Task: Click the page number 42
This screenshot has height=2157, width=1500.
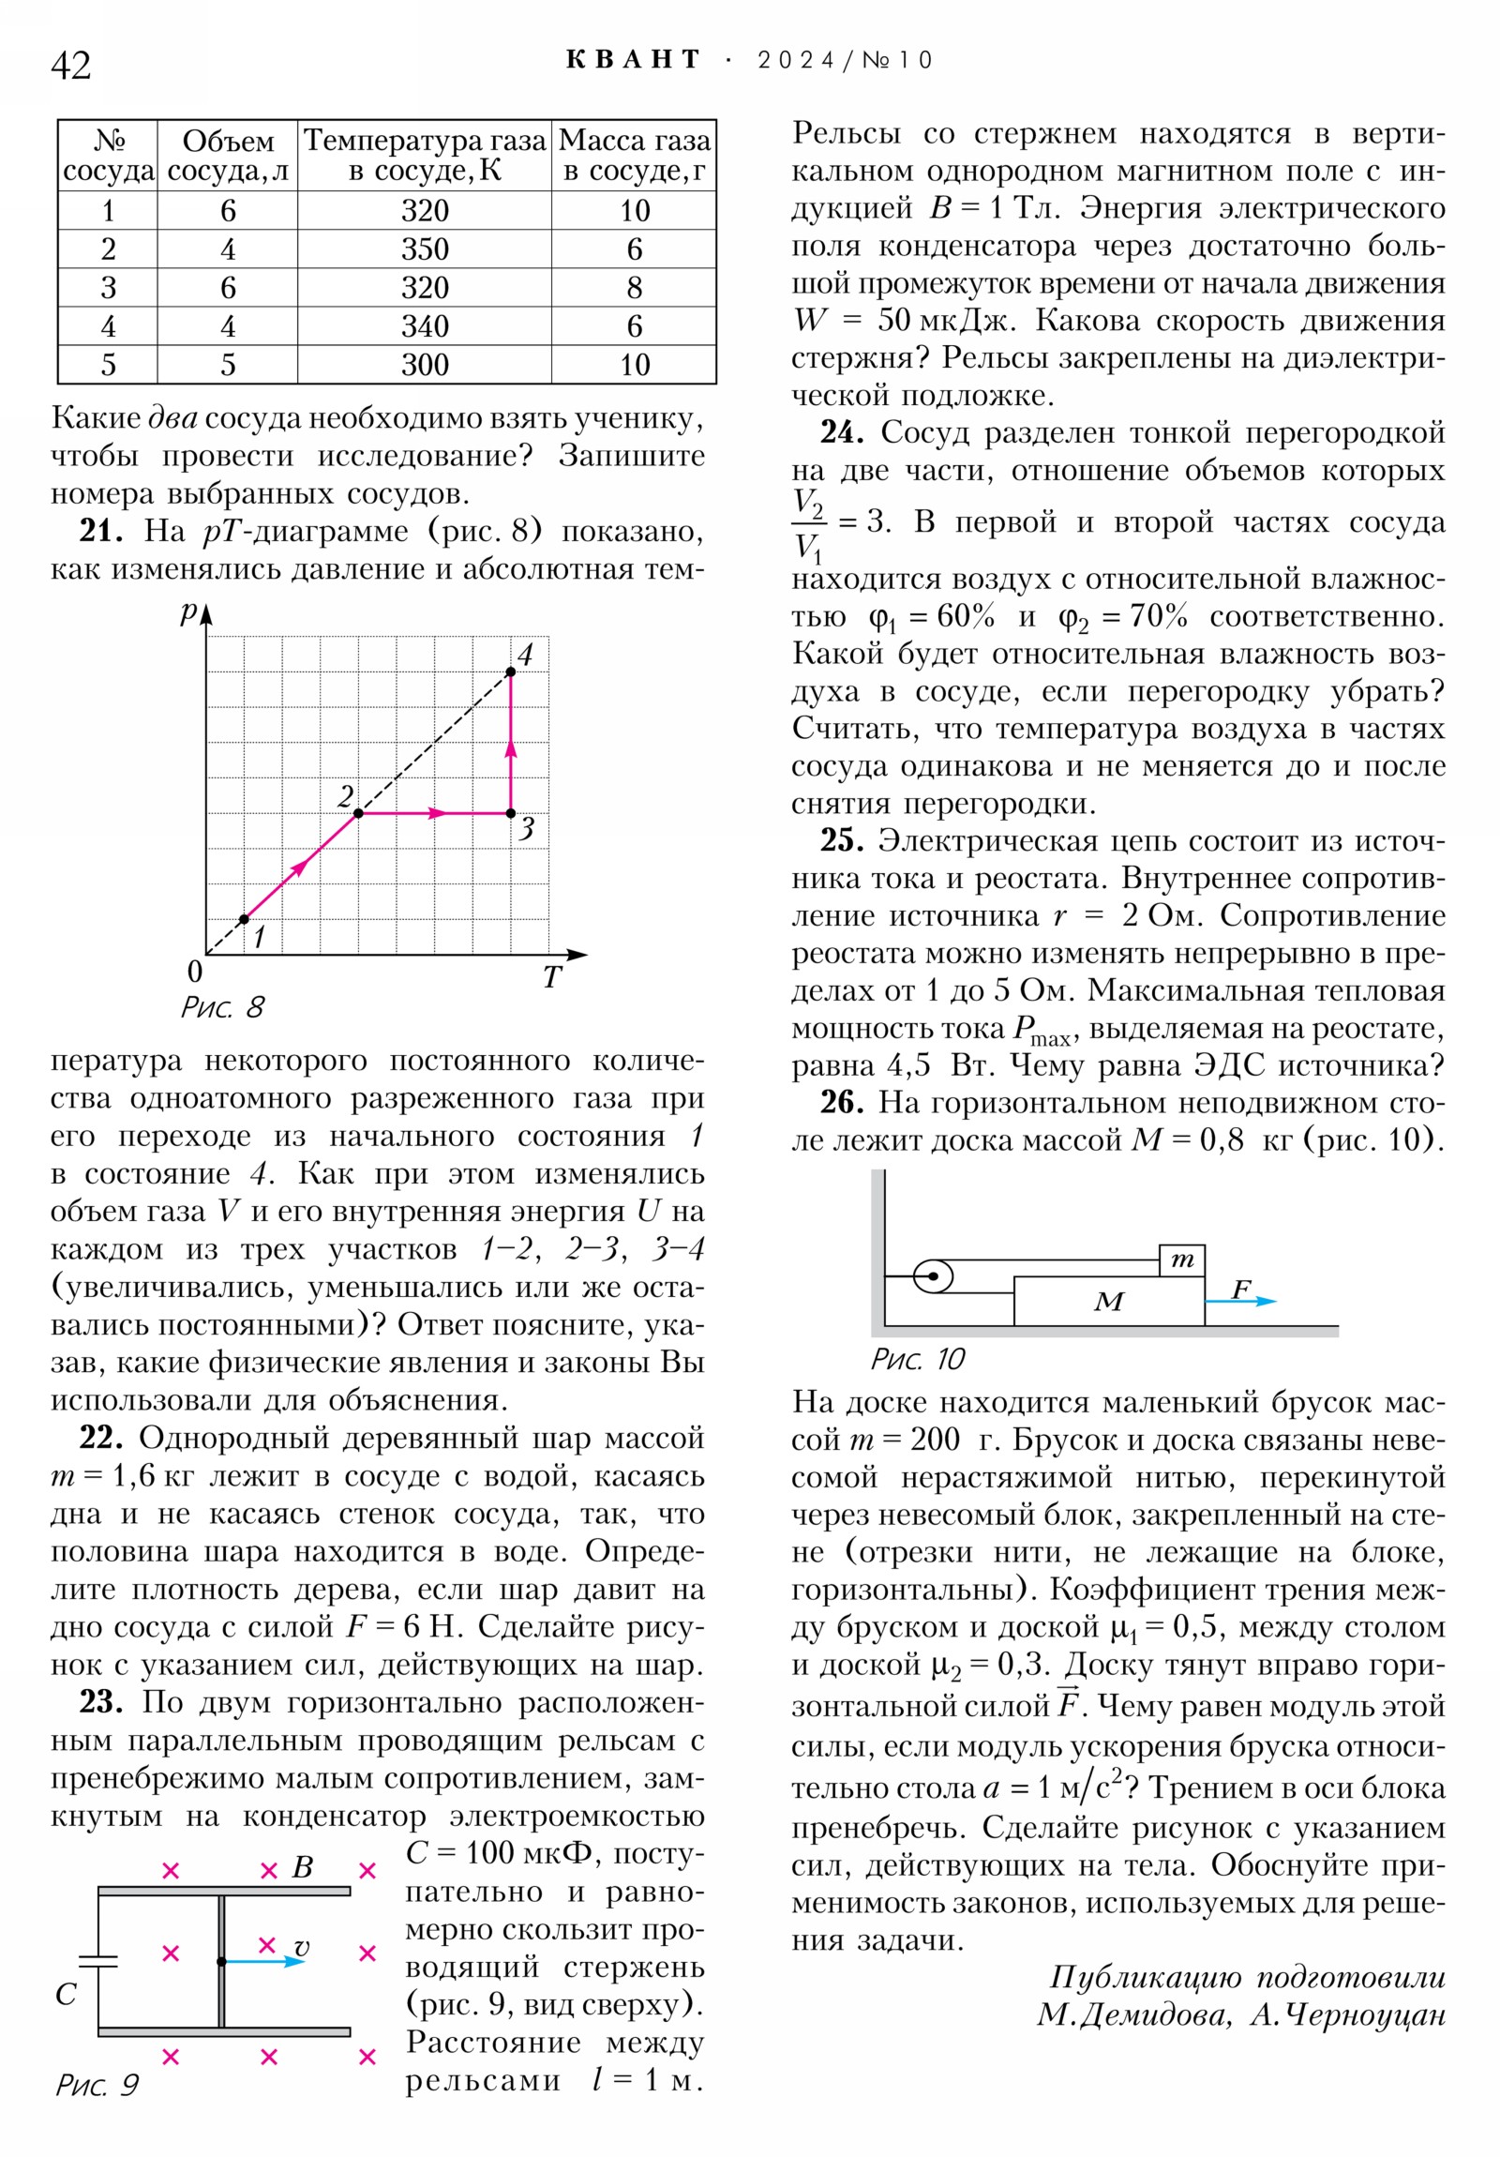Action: click(x=70, y=66)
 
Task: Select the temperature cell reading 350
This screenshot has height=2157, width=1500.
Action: click(x=425, y=249)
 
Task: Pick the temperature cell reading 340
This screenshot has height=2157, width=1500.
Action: click(x=425, y=326)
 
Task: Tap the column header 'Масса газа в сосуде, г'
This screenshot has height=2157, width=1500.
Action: click(x=634, y=155)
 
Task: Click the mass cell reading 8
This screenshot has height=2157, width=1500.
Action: click(x=634, y=288)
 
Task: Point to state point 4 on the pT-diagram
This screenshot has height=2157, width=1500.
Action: click(x=510, y=671)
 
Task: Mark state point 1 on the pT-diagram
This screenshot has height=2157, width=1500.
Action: click(x=244, y=919)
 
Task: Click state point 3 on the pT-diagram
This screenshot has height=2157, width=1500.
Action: click(x=510, y=813)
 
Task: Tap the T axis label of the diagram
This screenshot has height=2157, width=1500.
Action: click(x=551, y=978)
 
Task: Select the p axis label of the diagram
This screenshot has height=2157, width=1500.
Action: click(x=188, y=611)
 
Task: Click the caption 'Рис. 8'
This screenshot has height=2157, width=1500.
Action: click(x=222, y=1008)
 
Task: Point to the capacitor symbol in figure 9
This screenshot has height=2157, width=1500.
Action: click(x=97, y=1961)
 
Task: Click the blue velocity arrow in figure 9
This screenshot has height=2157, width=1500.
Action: click(x=263, y=1961)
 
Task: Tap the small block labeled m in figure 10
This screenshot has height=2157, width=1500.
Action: click(x=1181, y=1260)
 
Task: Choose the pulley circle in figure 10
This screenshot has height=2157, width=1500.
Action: click(x=933, y=1275)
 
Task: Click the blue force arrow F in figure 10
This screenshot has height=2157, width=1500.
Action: click(x=1239, y=1300)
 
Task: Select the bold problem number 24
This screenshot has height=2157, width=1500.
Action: click(x=842, y=432)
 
